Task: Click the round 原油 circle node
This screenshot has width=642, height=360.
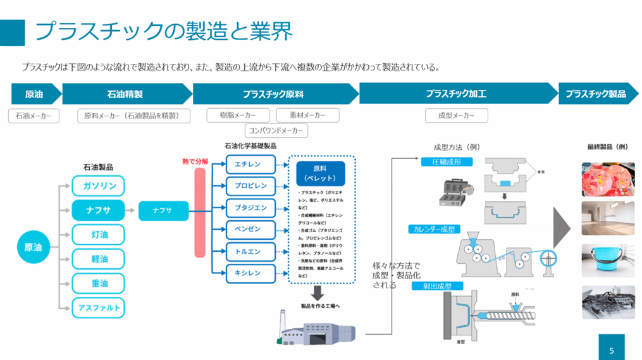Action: [x=33, y=247]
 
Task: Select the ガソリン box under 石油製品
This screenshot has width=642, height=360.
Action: [x=98, y=186]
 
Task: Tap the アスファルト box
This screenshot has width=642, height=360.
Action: [x=98, y=308]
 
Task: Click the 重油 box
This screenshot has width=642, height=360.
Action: [x=98, y=283]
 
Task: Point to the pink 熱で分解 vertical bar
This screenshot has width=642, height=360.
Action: [x=200, y=213]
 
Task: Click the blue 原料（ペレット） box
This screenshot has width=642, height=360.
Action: [x=320, y=173]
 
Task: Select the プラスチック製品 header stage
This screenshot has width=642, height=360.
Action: [x=596, y=94]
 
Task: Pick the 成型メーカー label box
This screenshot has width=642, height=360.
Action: [x=456, y=115]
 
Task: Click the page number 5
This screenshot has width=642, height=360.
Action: [x=612, y=349]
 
